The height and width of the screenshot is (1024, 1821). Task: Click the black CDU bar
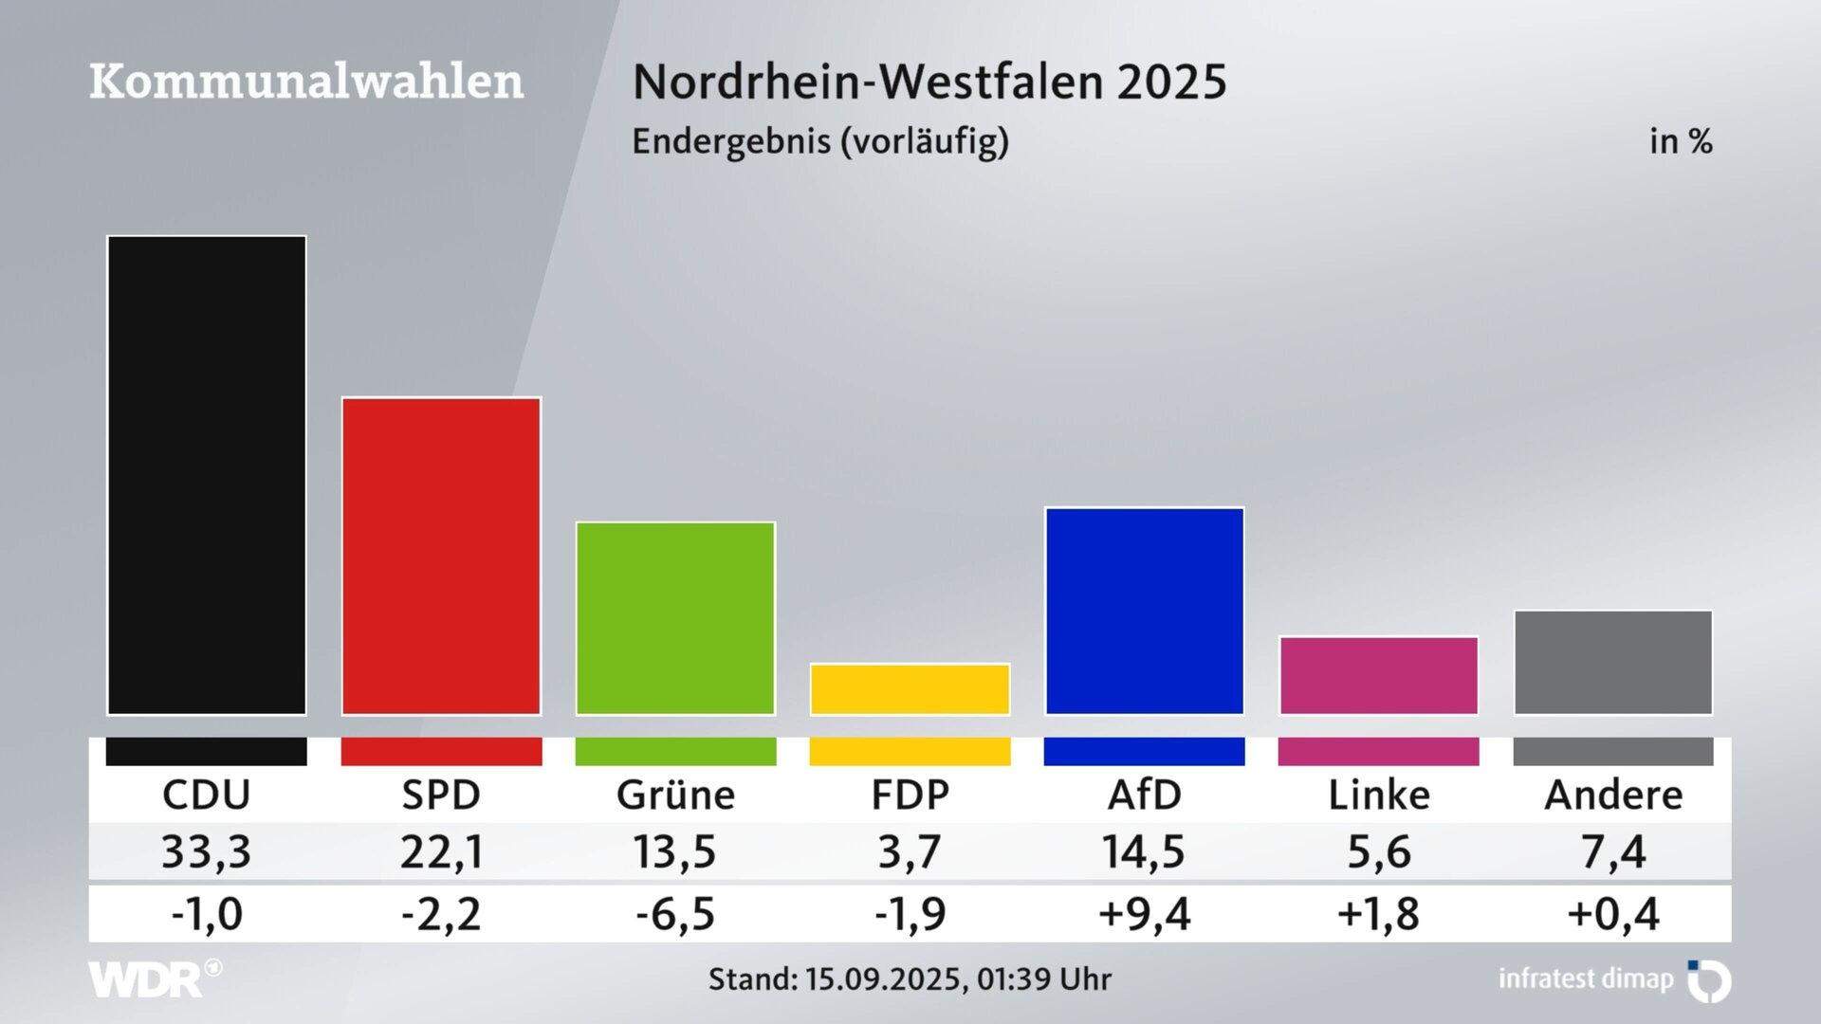207,474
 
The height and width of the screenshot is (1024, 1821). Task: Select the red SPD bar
441,555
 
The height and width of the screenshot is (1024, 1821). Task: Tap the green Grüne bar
675,617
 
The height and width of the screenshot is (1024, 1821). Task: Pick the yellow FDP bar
910,688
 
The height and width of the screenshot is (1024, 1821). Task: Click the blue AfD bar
1145,611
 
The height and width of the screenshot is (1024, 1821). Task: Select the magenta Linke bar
1379,675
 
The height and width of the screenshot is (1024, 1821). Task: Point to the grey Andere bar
1613,662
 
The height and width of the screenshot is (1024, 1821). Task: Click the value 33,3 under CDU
207,851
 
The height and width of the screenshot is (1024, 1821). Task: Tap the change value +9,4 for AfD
1144,914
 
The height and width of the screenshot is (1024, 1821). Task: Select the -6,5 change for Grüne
675,914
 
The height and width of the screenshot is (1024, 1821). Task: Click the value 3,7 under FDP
910,851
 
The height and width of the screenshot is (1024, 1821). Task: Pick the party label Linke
1379,795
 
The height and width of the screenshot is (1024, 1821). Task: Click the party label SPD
441,795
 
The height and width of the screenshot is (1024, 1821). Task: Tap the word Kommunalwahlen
306,82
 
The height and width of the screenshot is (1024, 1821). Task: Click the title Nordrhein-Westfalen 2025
929,82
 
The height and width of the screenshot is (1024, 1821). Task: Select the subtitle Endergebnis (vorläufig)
820,141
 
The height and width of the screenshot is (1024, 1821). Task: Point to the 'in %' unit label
1681,141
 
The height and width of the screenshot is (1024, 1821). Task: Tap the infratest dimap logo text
1586,978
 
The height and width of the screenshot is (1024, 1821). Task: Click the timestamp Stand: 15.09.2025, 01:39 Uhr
910,978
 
